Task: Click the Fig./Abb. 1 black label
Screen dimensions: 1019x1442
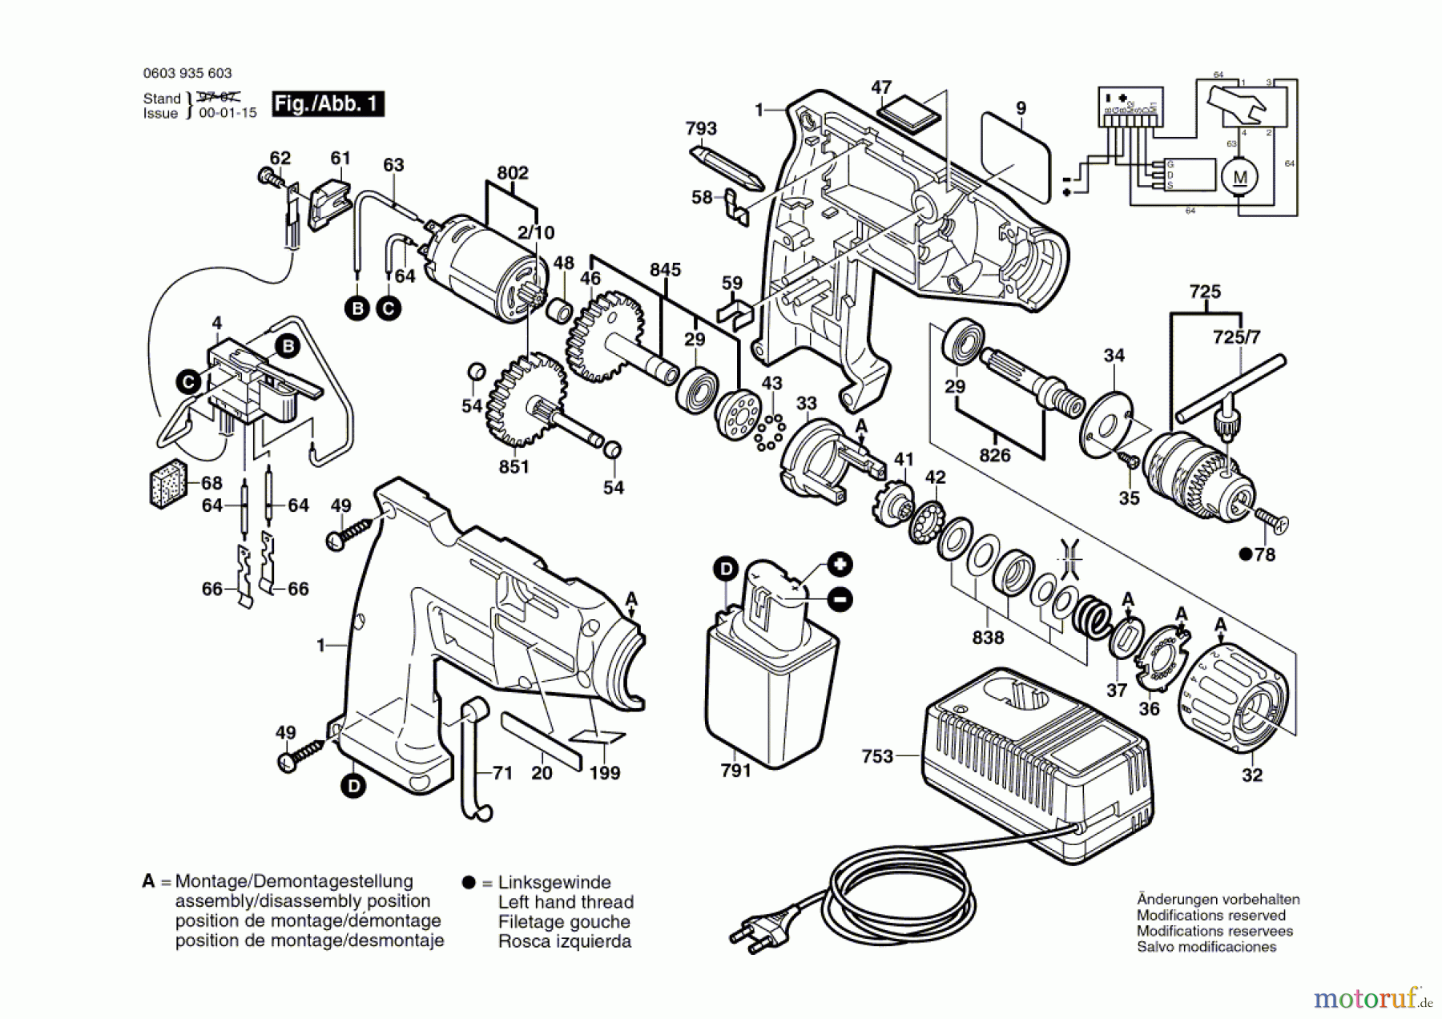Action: click(328, 104)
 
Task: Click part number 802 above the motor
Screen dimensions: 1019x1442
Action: click(513, 173)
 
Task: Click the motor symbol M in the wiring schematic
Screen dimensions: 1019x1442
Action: click(1239, 178)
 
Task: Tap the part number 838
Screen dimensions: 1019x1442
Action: click(988, 638)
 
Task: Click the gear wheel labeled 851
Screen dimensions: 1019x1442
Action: click(526, 401)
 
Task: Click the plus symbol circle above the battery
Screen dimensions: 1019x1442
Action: click(840, 565)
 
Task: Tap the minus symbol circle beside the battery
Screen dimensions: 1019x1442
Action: click(840, 599)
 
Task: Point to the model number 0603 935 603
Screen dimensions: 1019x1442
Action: click(187, 73)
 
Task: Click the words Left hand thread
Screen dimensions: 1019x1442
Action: click(566, 902)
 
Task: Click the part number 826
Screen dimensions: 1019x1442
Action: click(995, 455)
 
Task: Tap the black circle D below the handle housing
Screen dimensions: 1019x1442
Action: click(353, 786)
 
